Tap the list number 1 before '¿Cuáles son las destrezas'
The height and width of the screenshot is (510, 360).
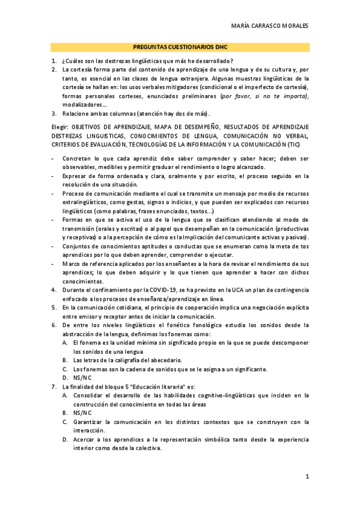click(54, 61)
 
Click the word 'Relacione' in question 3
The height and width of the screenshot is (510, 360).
click(78, 113)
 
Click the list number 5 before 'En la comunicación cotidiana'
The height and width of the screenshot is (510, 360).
click(54, 307)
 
